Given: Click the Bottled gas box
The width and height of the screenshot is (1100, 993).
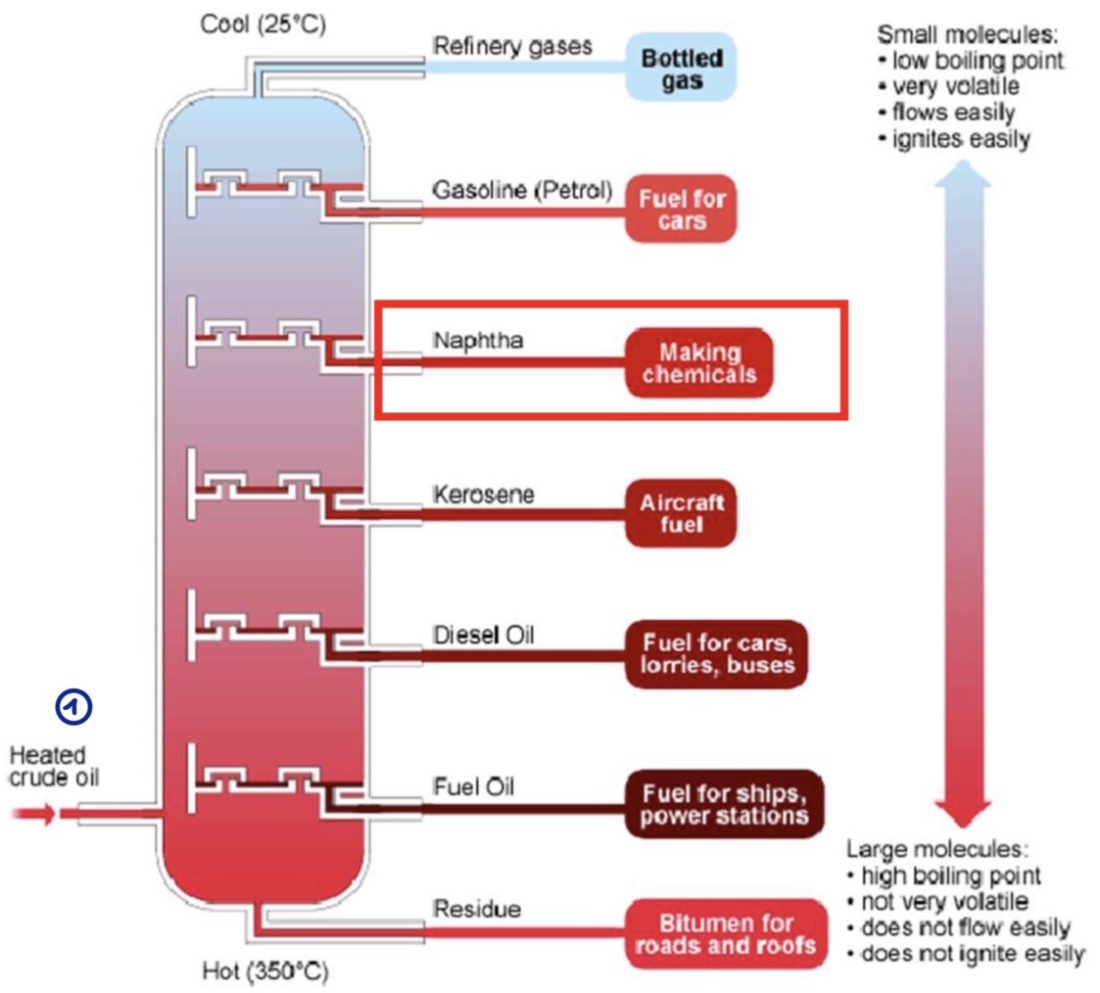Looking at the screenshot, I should click(682, 70).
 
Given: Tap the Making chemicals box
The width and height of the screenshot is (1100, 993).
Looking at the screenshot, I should click(699, 362).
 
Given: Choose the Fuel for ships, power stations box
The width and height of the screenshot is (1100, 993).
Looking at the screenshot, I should click(724, 803).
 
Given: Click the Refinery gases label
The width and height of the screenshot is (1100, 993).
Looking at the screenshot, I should click(512, 46).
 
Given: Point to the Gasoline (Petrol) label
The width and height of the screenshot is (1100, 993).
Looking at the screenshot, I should click(522, 188).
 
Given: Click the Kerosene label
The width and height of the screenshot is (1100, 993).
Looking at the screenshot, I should click(484, 495).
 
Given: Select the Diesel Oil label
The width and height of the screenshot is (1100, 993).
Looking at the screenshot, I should click(484, 635).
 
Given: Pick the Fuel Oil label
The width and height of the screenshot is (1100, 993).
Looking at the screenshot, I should click(473, 786).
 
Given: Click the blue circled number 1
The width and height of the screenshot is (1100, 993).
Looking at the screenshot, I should click(74, 706).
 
